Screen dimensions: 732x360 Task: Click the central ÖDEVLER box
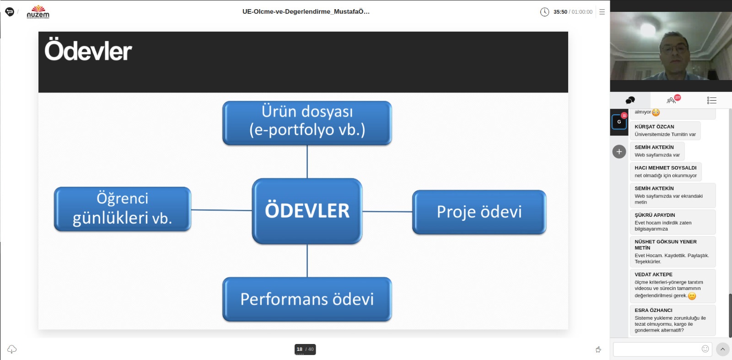tap(307, 211)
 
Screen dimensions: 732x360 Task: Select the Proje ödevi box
tap(479, 212)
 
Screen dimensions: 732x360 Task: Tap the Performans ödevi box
tap(307, 299)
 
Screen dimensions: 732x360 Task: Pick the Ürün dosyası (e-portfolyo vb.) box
tap(307, 123)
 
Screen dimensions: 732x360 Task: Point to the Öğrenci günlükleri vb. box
tap(123, 209)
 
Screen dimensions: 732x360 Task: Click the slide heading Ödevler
tap(88, 51)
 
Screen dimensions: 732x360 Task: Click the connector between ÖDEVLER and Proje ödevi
tap(387, 211)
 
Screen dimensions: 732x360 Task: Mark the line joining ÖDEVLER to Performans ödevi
tap(307, 261)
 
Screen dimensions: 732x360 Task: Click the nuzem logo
tap(38, 12)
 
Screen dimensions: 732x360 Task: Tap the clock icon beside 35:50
tap(544, 12)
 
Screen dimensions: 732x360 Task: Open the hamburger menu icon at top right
tap(602, 12)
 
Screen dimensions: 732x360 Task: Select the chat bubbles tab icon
tap(630, 100)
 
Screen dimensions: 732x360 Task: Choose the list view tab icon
tap(711, 100)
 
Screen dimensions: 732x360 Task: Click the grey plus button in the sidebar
tap(619, 151)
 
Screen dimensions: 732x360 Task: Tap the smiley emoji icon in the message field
tap(705, 349)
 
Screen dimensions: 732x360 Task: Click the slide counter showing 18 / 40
tap(305, 349)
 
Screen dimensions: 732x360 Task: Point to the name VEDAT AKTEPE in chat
tap(653, 274)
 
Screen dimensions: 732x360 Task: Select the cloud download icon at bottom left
tap(12, 349)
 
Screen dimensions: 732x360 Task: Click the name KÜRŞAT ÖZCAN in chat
tap(654, 126)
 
